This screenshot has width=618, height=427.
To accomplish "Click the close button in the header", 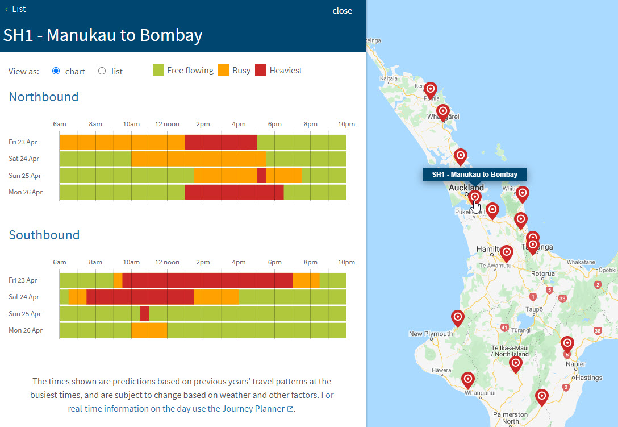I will pyautogui.click(x=342, y=11).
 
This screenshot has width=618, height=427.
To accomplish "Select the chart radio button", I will pyautogui.click(x=56, y=71).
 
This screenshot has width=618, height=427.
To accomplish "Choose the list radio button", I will pyautogui.click(x=102, y=71).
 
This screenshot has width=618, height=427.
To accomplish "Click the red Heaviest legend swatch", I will pyautogui.click(x=261, y=71).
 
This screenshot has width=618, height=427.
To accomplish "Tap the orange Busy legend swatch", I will pyautogui.click(x=224, y=71).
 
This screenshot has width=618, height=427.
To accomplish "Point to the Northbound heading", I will pyautogui.click(x=44, y=97).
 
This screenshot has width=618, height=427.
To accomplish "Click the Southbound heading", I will pyautogui.click(x=44, y=235).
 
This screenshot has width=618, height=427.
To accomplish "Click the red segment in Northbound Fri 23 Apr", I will pyautogui.click(x=221, y=142).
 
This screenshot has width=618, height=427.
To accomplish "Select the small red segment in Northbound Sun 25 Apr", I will pyautogui.click(x=261, y=176).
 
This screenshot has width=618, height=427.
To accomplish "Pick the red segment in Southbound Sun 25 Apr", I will pyautogui.click(x=145, y=314).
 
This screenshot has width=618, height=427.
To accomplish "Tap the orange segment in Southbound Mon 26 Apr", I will pyautogui.click(x=149, y=330).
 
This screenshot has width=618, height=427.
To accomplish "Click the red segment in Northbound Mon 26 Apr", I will pyautogui.click(x=234, y=192).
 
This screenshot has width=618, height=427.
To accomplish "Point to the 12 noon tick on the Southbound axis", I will pyautogui.click(x=167, y=263).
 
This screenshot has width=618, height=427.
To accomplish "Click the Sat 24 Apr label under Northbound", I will pyautogui.click(x=24, y=159).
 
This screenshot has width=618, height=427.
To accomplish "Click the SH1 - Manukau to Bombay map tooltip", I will pyautogui.click(x=474, y=175).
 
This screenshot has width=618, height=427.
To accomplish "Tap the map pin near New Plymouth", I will pyautogui.click(x=457, y=318).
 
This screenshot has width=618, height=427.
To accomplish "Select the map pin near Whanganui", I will pyautogui.click(x=467, y=379).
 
